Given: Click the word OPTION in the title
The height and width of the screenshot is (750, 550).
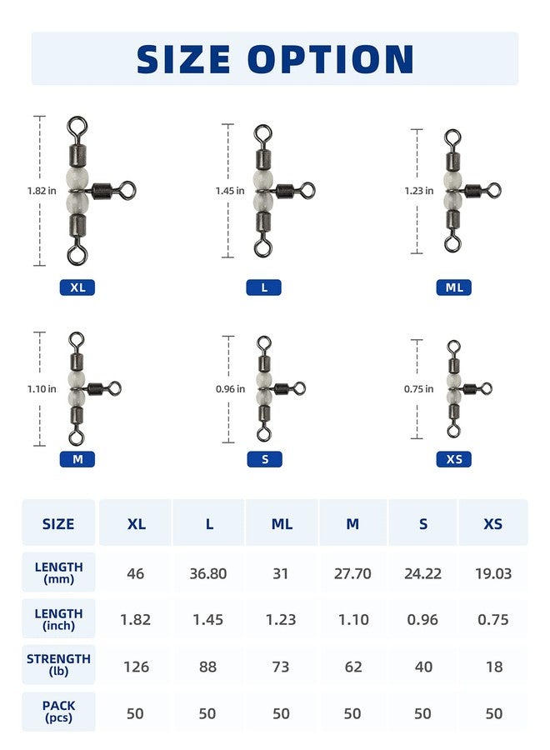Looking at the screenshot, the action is click(331, 59).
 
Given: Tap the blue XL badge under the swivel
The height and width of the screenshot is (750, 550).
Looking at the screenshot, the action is click(77, 287).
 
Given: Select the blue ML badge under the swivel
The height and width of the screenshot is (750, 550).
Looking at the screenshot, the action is click(454, 287).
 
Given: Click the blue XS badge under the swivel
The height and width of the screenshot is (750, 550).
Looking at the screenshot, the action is click(454, 459).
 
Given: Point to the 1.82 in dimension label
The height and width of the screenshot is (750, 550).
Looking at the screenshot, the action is click(42, 191).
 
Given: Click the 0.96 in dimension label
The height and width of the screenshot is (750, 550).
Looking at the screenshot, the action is click(230, 389).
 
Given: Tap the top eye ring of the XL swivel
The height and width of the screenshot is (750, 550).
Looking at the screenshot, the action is click(77, 125).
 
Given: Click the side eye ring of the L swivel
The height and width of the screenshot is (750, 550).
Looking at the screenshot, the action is click(307, 191).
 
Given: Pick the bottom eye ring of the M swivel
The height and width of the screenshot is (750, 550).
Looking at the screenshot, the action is click(75, 437).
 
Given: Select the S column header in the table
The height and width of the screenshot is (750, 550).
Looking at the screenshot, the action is click(423, 524).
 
